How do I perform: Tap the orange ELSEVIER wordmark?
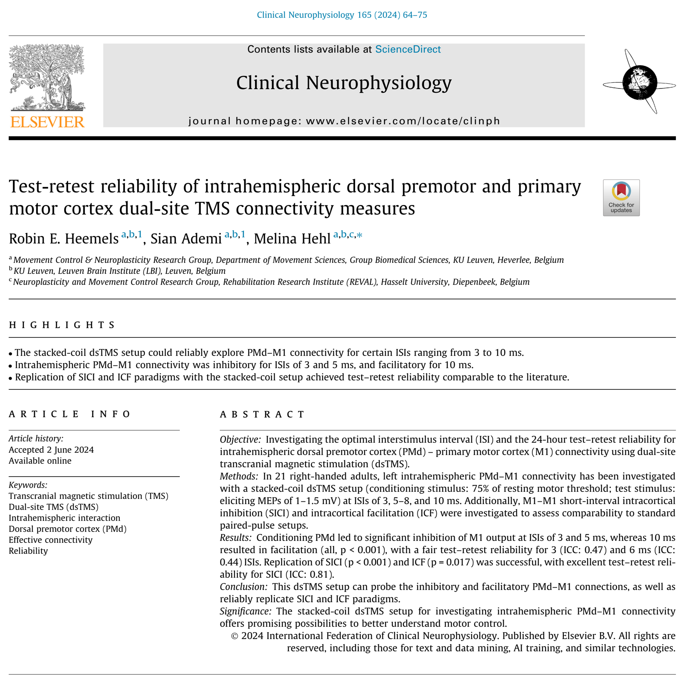(47, 122)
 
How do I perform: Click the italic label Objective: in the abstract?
(240, 440)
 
